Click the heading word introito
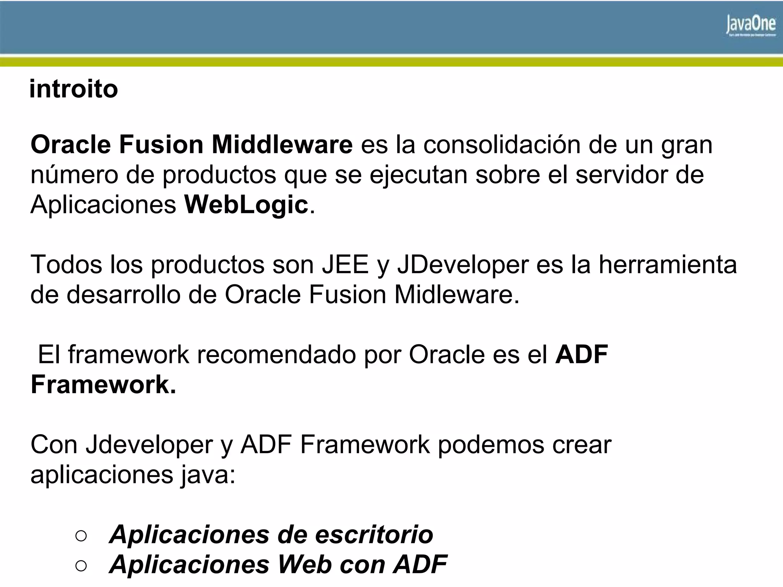click(x=73, y=89)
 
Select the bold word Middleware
click(x=282, y=145)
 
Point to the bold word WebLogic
click(x=246, y=205)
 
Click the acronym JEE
click(x=345, y=264)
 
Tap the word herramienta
click(x=668, y=264)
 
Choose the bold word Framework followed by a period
click(x=103, y=384)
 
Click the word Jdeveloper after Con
click(x=149, y=445)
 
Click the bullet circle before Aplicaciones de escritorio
click(x=81, y=535)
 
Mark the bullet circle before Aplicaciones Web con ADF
click(x=81, y=565)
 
